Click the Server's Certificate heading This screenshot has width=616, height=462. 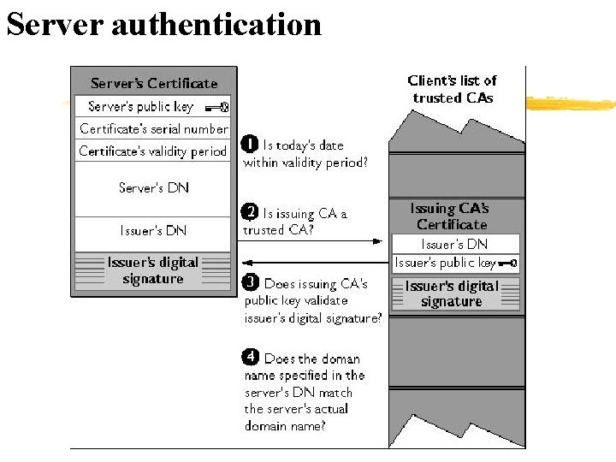154,83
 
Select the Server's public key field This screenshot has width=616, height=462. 141,107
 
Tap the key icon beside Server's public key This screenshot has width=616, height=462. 216,107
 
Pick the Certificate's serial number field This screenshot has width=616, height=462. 154,129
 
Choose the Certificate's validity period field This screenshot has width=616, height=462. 153,151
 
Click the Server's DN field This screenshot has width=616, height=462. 153,188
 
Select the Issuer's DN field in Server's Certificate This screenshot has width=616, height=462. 153,230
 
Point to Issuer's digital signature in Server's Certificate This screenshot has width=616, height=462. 153,271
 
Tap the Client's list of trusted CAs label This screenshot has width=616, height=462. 453,89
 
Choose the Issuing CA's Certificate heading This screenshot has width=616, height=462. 451,216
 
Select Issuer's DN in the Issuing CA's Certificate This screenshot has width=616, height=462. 454,244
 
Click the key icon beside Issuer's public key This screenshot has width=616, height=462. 507,264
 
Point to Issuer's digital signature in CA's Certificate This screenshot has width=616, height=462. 452,293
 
